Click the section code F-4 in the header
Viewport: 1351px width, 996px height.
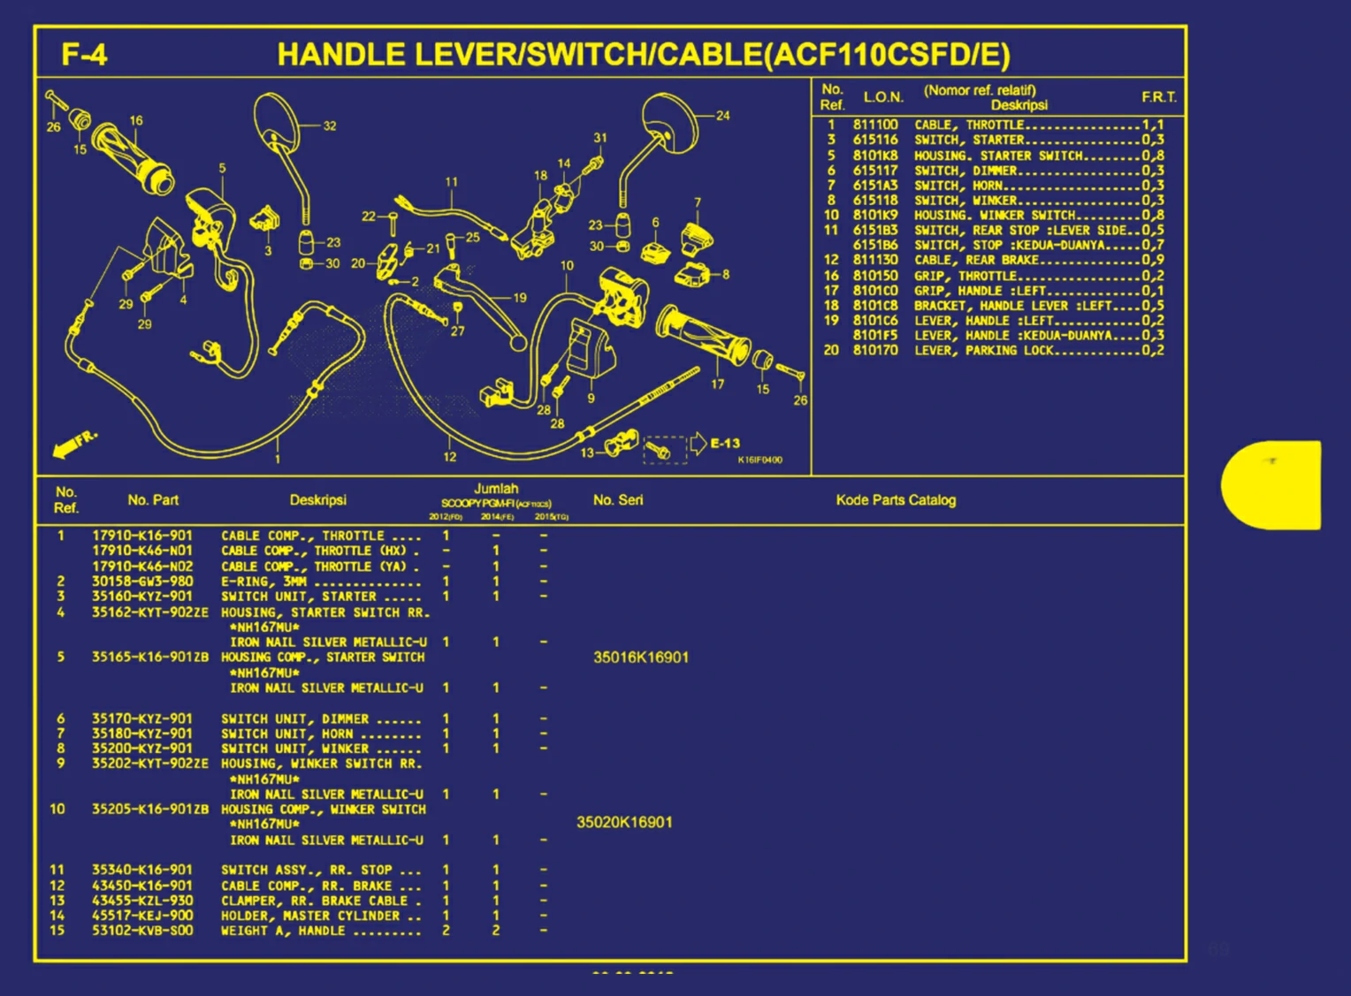(x=84, y=55)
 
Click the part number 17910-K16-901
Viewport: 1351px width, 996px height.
(x=142, y=536)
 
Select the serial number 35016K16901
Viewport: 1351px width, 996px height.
(x=641, y=658)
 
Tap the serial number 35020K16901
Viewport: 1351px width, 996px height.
(x=624, y=823)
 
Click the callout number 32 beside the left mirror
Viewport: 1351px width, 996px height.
(x=330, y=126)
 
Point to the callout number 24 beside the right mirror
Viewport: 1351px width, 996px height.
(x=723, y=116)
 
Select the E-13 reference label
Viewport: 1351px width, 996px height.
(x=725, y=444)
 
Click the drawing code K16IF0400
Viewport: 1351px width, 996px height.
(x=759, y=460)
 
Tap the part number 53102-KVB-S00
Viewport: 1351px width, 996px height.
(x=142, y=931)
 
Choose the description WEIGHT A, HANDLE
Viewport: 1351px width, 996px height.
(x=283, y=931)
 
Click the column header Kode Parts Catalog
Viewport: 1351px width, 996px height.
(x=896, y=500)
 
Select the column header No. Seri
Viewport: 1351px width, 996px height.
(x=618, y=500)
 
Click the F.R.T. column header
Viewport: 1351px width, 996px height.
(x=1158, y=97)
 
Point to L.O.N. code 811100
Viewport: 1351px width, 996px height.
(x=875, y=125)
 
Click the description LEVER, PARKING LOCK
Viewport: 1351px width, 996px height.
(x=984, y=351)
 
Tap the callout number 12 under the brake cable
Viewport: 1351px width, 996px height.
(x=450, y=457)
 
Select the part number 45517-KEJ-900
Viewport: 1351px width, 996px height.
(x=142, y=916)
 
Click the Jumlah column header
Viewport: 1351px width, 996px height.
(x=496, y=489)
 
